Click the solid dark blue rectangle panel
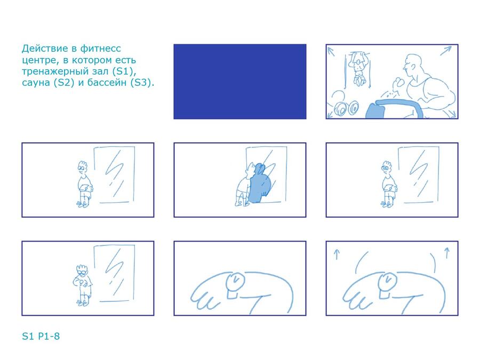(x=239, y=82)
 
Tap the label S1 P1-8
(x=41, y=336)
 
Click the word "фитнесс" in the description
(x=100, y=49)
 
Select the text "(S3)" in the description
(x=142, y=83)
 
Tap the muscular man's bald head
(x=412, y=63)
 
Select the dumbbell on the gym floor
(x=346, y=108)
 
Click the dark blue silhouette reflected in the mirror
(x=260, y=183)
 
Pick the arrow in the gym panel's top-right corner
(x=446, y=51)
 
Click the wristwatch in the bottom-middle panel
(x=235, y=282)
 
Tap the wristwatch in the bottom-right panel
(x=387, y=282)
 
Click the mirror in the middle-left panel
(x=114, y=175)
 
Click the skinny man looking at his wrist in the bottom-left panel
(x=82, y=285)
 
